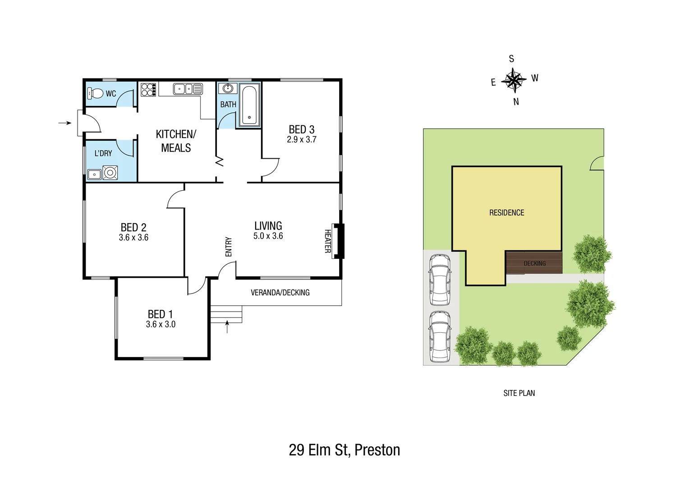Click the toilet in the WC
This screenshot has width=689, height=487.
click(96, 93)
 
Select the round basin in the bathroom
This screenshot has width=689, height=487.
click(228, 88)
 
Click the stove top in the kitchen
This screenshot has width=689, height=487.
click(148, 89)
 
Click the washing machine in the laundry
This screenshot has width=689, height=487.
click(110, 172)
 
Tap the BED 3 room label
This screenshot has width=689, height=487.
click(302, 129)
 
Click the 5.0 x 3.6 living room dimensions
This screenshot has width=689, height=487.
click(268, 236)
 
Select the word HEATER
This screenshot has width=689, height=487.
click(328, 241)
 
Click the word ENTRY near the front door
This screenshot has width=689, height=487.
click(228, 247)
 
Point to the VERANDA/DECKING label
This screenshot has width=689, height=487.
click(280, 293)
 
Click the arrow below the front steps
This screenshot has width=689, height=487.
click(227, 326)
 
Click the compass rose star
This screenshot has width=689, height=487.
click(514, 80)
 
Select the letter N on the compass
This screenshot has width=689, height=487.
click(516, 102)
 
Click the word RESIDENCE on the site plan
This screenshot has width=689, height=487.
click(507, 212)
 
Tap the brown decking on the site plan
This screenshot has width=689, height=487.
click(534, 264)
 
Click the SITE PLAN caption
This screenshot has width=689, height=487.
click(519, 393)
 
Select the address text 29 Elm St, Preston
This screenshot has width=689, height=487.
click(344, 450)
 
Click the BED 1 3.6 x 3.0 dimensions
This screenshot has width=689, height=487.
click(161, 324)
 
